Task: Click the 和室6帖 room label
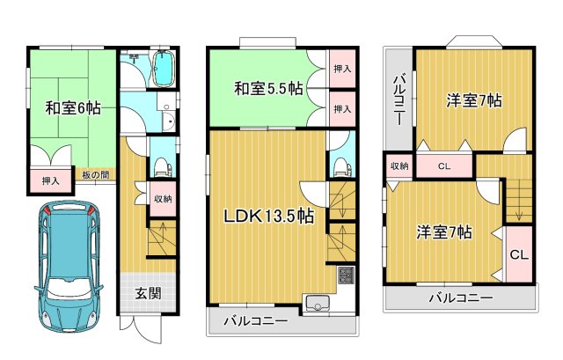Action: (72, 108)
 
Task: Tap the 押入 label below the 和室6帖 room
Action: (50, 181)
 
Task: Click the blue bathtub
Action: (163, 70)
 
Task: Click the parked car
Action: (67, 264)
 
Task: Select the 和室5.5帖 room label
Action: (268, 89)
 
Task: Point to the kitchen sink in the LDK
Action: (315, 305)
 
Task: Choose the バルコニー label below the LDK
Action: (255, 321)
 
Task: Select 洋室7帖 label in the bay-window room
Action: (472, 101)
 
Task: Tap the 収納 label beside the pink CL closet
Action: (398, 166)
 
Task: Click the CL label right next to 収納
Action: (443, 166)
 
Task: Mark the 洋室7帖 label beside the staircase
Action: (444, 232)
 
